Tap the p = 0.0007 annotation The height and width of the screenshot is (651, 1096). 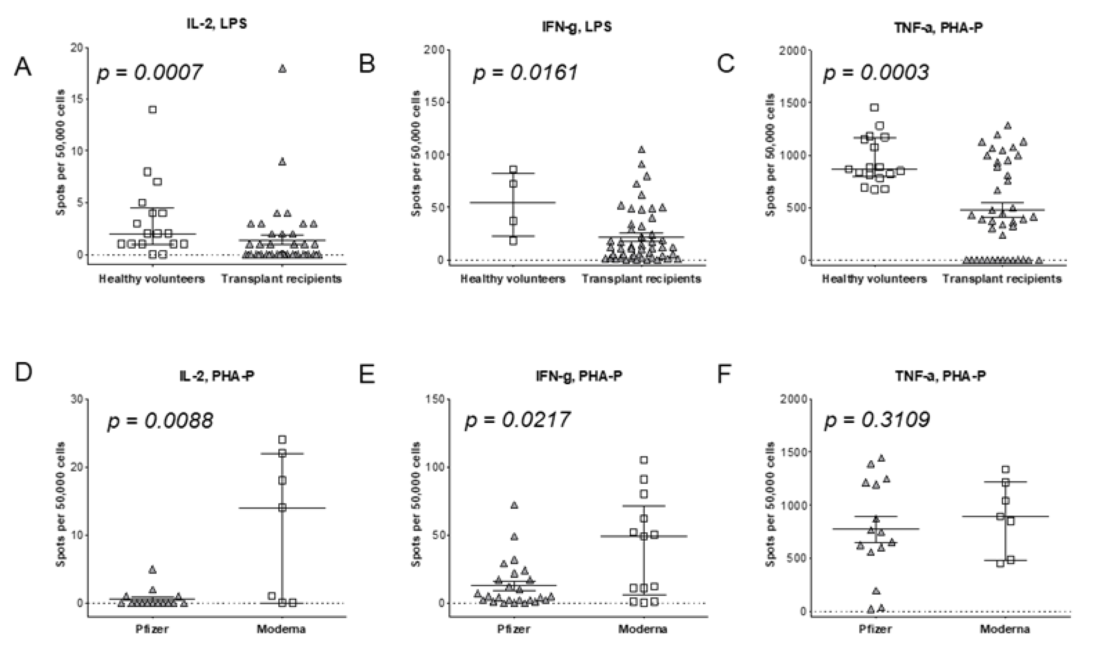click(x=149, y=72)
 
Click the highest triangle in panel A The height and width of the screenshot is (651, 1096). click(x=282, y=69)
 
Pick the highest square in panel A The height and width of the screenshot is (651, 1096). click(x=152, y=110)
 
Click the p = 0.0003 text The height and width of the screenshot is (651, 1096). click(x=876, y=72)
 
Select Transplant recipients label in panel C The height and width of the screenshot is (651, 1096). click(x=1002, y=279)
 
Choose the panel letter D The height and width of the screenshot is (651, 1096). click(x=23, y=373)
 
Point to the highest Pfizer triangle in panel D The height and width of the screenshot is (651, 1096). click(x=152, y=570)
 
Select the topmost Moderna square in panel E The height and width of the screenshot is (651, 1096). click(x=643, y=460)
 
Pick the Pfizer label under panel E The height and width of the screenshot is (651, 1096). click(x=513, y=629)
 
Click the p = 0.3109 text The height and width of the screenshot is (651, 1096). click(x=877, y=420)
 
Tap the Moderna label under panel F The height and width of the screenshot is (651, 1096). click(x=1005, y=629)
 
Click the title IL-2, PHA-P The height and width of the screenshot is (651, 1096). click(x=217, y=376)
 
